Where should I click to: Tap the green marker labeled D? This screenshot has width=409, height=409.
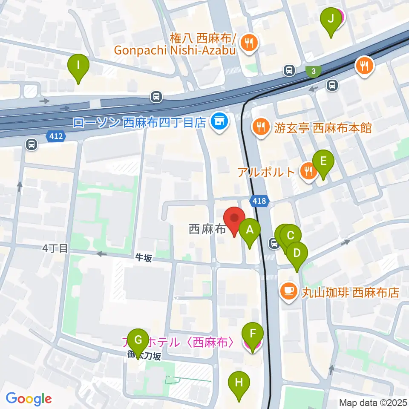(x=297, y=253)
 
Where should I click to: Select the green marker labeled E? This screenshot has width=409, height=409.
(x=323, y=161)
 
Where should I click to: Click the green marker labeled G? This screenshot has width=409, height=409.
(x=138, y=340)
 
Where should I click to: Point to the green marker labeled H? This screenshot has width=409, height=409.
(x=239, y=382)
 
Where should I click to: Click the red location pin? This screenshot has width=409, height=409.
(x=234, y=219)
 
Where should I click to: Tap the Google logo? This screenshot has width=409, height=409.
(x=29, y=399)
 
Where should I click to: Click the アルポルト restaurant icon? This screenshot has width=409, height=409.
(x=307, y=171)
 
